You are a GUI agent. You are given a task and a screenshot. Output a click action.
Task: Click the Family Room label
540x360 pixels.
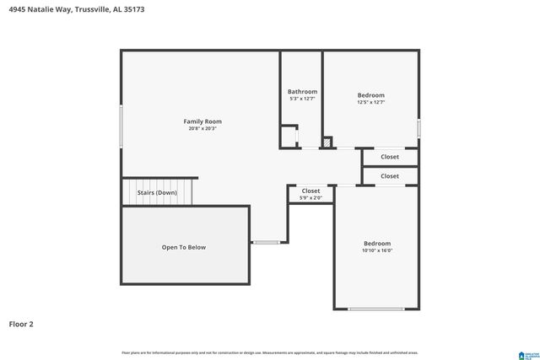[x=202, y=121]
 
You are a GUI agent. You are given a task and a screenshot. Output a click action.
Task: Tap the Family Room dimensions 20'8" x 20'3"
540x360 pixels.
[x=202, y=129]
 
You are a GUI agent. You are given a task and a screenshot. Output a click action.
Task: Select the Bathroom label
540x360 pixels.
[x=302, y=91]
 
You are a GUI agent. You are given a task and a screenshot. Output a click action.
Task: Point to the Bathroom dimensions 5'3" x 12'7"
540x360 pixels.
[x=302, y=99]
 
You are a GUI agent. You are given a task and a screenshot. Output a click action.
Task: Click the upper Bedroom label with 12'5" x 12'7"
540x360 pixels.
[x=370, y=95]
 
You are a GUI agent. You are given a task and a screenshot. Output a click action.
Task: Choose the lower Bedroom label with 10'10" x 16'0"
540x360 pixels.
[x=377, y=243]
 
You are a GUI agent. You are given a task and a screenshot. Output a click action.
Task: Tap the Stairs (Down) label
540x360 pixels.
[x=157, y=192]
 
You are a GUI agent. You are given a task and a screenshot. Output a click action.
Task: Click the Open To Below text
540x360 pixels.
[x=184, y=247]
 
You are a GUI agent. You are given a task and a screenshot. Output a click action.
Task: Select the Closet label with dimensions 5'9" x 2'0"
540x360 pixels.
[x=310, y=191]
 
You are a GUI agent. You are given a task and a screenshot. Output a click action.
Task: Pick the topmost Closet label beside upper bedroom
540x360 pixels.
[x=390, y=157]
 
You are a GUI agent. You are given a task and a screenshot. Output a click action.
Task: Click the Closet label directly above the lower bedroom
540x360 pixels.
[x=390, y=176]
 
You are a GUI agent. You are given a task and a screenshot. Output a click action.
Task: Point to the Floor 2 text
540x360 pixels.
[x=21, y=324]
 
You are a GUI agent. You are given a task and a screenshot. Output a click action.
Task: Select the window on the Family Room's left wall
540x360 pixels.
[x=121, y=127]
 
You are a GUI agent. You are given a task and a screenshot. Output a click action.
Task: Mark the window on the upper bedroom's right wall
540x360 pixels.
[x=418, y=128]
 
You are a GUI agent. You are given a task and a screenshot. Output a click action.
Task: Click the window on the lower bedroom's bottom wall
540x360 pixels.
[x=375, y=309]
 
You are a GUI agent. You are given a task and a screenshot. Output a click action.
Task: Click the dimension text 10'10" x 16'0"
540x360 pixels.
[x=377, y=250]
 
